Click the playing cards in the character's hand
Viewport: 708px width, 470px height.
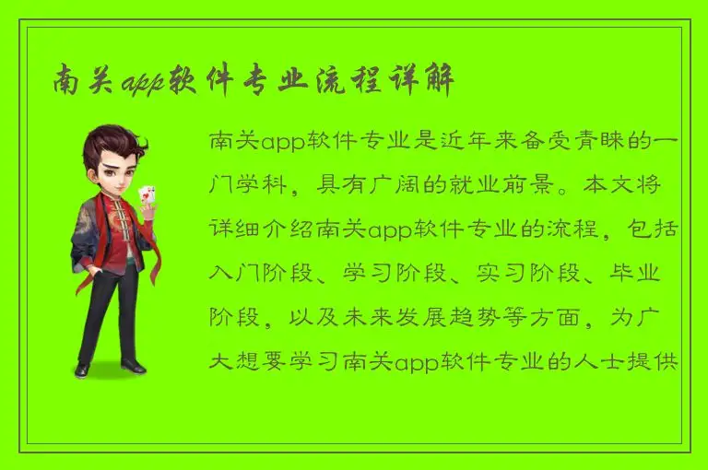pyautogui.click(x=146, y=194)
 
